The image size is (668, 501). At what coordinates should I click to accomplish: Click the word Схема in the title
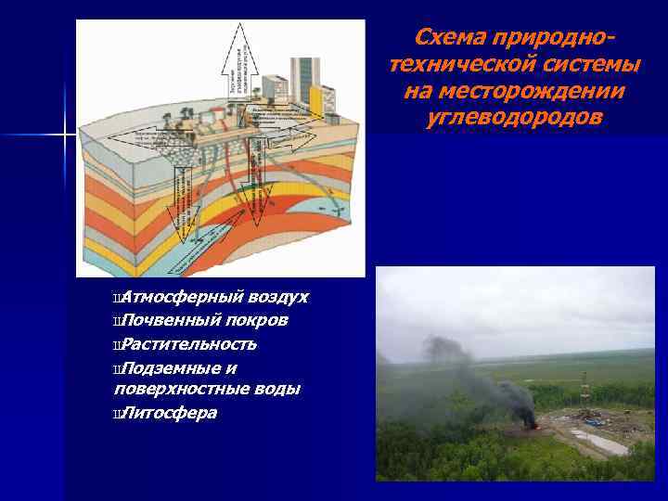coord(449,37)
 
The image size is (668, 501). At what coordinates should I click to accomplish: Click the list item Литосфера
coord(169,412)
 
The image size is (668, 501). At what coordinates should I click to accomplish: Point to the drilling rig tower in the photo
coord(584,394)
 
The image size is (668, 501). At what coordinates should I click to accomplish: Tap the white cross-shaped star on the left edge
coord(63,135)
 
